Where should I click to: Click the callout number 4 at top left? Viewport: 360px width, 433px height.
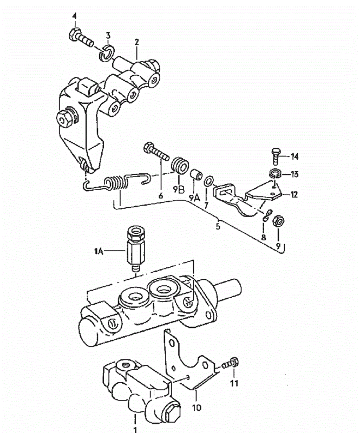click(x=74, y=16)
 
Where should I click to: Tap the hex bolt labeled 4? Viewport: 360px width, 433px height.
click(x=81, y=38)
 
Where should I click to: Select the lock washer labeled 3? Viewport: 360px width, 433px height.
click(x=107, y=53)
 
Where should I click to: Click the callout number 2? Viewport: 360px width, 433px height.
click(x=136, y=42)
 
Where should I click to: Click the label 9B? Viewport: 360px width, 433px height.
click(x=179, y=190)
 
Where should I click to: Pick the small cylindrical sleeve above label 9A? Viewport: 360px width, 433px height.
click(x=195, y=174)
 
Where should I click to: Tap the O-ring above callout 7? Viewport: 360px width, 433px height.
click(x=208, y=181)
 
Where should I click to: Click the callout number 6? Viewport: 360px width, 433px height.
click(x=161, y=196)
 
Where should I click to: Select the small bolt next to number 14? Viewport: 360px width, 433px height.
click(x=276, y=156)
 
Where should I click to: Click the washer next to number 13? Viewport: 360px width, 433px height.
click(x=275, y=174)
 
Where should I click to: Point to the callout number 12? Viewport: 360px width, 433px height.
click(x=294, y=194)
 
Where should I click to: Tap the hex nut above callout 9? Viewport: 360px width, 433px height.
click(x=278, y=221)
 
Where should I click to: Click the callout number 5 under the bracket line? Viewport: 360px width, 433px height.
click(x=218, y=226)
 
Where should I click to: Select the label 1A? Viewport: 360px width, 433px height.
click(x=99, y=251)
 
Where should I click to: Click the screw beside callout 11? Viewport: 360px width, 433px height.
click(x=231, y=363)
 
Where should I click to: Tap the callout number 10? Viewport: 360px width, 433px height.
click(x=197, y=408)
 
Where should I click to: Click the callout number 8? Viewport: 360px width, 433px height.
click(x=263, y=237)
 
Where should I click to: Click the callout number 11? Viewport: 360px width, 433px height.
click(x=234, y=383)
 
